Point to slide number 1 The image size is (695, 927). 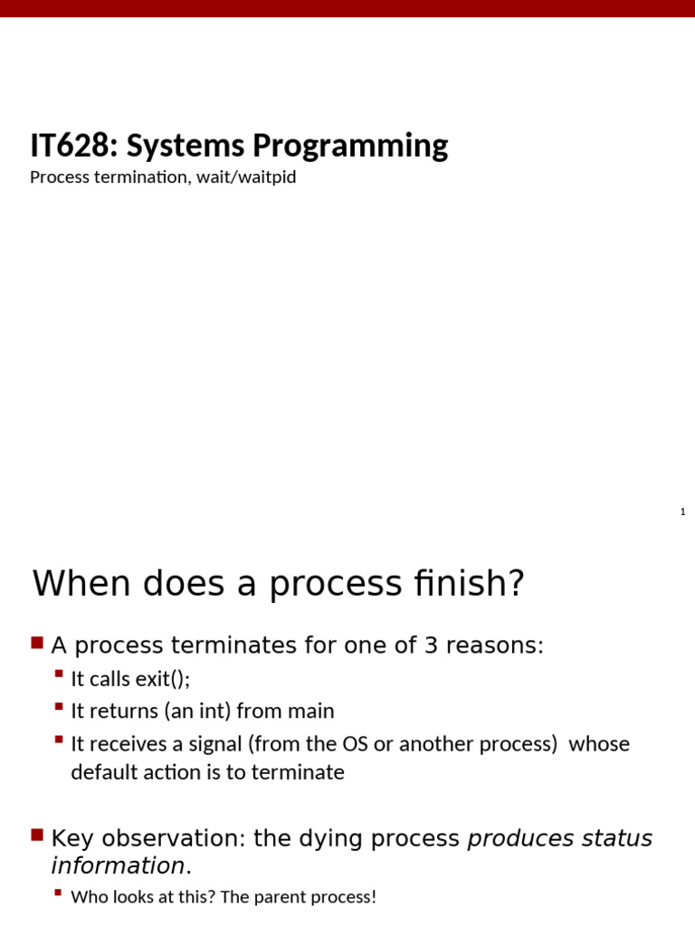click(683, 512)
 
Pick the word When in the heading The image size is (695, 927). click(76, 584)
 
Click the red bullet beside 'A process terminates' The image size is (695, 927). click(37, 644)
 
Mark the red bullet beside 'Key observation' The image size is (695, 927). click(37, 836)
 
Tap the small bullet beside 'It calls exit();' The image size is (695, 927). click(59, 675)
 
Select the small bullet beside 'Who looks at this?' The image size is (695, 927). click(59, 894)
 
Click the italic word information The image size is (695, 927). click(118, 866)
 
